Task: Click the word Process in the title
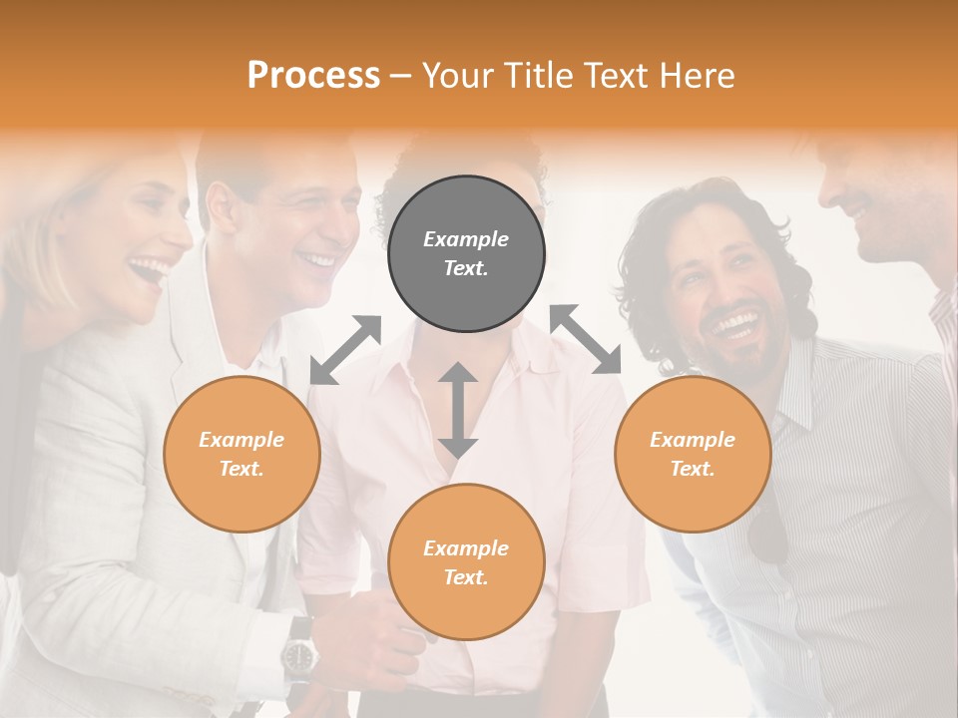point(313,76)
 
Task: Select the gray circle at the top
point(466,253)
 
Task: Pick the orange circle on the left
point(241,454)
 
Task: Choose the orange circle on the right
point(693,454)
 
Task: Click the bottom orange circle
point(466,562)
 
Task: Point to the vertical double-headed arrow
point(458,410)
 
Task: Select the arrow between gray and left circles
point(345,349)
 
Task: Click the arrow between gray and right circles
point(586,339)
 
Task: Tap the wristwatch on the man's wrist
point(298,655)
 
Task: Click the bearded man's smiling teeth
point(735,323)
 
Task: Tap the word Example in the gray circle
point(466,239)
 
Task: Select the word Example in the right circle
point(693,440)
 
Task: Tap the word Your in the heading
point(455,76)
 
